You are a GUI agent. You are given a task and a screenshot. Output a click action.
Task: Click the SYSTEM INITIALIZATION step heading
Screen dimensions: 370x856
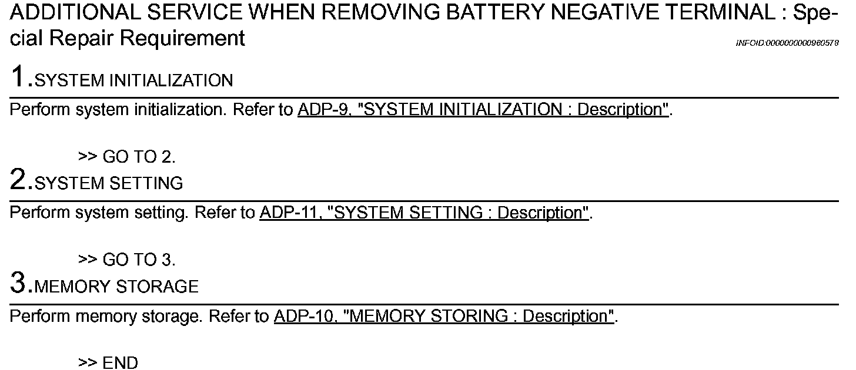tap(134, 80)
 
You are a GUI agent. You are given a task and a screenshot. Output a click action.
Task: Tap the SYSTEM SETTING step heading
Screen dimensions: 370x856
tap(109, 183)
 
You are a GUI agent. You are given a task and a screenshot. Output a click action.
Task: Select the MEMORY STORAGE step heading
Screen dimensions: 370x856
tap(116, 287)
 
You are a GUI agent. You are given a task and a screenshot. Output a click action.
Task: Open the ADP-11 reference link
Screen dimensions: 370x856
tap(424, 213)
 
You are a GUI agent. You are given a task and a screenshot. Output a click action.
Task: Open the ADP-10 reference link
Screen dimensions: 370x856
tap(443, 316)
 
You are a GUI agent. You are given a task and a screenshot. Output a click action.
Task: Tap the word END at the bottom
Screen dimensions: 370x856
tap(120, 363)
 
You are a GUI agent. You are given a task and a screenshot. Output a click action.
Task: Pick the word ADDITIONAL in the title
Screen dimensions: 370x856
tap(66, 12)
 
